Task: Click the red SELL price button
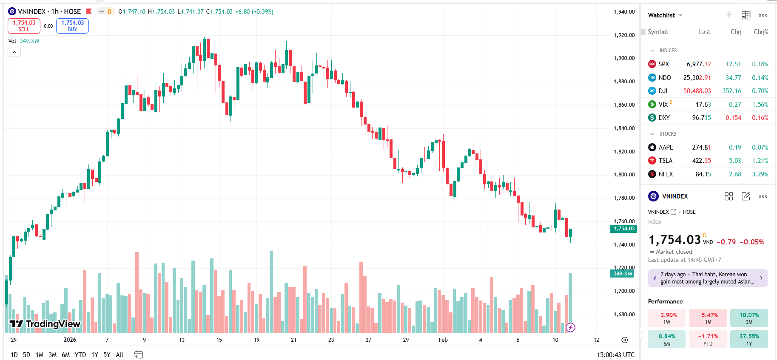click(x=24, y=26)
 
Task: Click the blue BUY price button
click(x=72, y=26)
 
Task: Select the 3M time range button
click(x=53, y=354)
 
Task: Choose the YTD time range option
click(x=80, y=354)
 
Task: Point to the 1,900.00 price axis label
click(x=624, y=58)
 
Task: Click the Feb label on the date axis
click(x=443, y=340)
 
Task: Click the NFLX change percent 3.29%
click(x=760, y=174)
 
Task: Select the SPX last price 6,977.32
click(x=698, y=64)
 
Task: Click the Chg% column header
click(x=760, y=32)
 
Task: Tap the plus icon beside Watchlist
click(x=729, y=15)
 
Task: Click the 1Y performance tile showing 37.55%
click(x=749, y=339)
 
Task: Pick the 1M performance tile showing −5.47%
click(x=708, y=318)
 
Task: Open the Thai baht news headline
click(x=707, y=278)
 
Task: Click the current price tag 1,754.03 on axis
click(x=623, y=229)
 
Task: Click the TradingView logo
click(x=45, y=324)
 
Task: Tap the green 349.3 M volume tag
click(x=622, y=274)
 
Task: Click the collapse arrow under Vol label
click(x=14, y=52)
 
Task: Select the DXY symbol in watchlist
click(x=664, y=118)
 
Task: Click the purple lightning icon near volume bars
click(x=571, y=327)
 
